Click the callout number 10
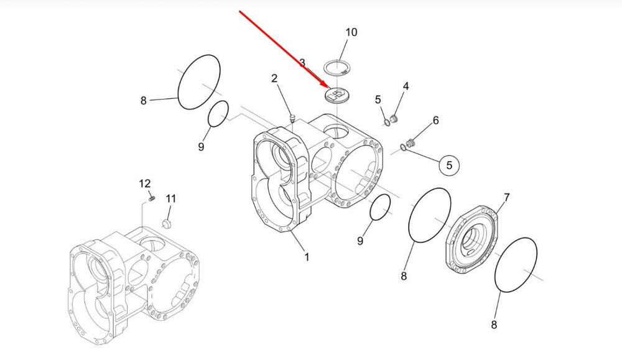(351, 32)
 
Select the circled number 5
(449, 165)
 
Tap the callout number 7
(506, 197)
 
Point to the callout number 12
(145, 183)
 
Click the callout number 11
(170, 198)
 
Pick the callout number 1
(307, 257)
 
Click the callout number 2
(274, 78)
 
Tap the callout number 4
(406, 86)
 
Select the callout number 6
(435, 120)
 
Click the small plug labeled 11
(167, 224)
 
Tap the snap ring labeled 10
(337, 67)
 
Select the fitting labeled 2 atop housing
(293, 118)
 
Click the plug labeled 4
(394, 118)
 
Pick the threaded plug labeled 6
(411, 143)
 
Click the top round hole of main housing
(336, 131)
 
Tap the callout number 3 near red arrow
(302, 63)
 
